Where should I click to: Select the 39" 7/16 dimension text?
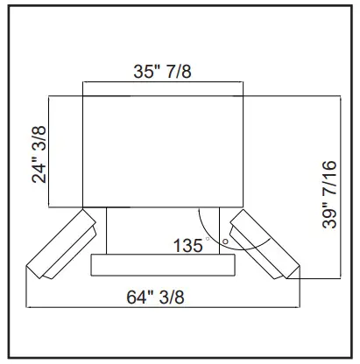click(x=329, y=192)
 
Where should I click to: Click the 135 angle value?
click(x=189, y=246)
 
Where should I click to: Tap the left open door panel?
click(x=61, y=247)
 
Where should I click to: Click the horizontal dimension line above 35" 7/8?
click(x=160, y=83)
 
